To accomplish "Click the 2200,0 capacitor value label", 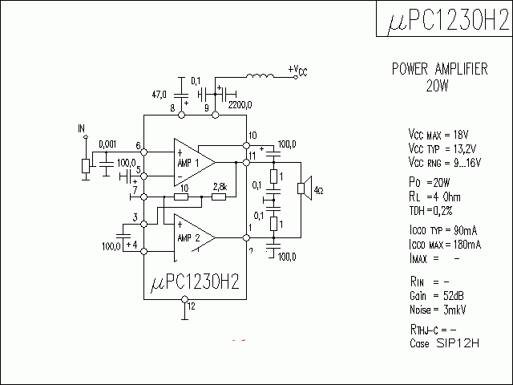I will coord(240,104).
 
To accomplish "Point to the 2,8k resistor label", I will coord(220,187).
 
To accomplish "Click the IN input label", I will coord(81,128).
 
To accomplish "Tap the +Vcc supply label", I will coord(297,71).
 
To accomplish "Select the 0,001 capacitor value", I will coord(107,144).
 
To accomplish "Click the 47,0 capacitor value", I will coord(162,94).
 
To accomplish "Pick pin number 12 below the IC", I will coord(190,306).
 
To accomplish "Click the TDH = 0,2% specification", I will coord(431,210).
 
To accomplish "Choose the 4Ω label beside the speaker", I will coord(319,190).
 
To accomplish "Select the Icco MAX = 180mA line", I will coord(445,244).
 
